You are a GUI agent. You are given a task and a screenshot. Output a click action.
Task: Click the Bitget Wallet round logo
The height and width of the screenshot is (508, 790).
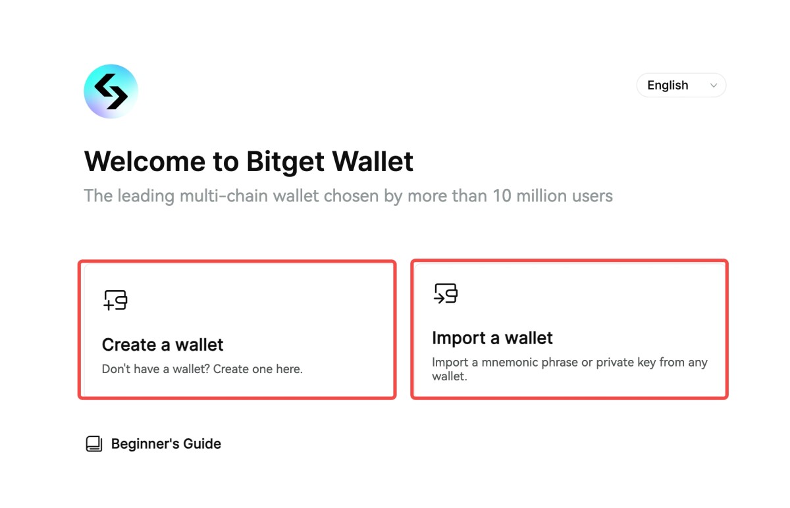[111, 91]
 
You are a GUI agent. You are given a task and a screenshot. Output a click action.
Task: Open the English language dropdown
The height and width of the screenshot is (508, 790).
[681, 86]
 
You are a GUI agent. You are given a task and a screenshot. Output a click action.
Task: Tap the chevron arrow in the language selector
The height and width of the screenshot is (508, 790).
[714, 86]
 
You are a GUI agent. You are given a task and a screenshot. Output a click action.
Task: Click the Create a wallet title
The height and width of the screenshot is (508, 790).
[163, 345]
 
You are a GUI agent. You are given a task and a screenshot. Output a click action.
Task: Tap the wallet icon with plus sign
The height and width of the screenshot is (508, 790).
[115, 299]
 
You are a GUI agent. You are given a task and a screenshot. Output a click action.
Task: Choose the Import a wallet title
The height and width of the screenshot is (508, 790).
[492, 338]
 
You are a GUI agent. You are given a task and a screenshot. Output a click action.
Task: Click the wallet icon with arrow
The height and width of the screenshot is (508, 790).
[446, 293]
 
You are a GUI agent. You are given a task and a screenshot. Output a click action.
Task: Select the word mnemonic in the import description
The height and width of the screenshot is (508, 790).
[504, 363]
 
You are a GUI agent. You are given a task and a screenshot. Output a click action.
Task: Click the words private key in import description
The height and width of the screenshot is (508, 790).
[628, 363]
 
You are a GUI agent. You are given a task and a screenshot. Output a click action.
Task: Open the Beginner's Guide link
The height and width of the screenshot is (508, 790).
[166, 444]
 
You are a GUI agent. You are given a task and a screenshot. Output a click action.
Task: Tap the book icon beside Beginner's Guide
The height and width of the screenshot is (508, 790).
[94, 444]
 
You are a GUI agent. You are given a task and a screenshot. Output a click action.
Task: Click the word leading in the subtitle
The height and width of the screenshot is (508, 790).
[138, 196]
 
